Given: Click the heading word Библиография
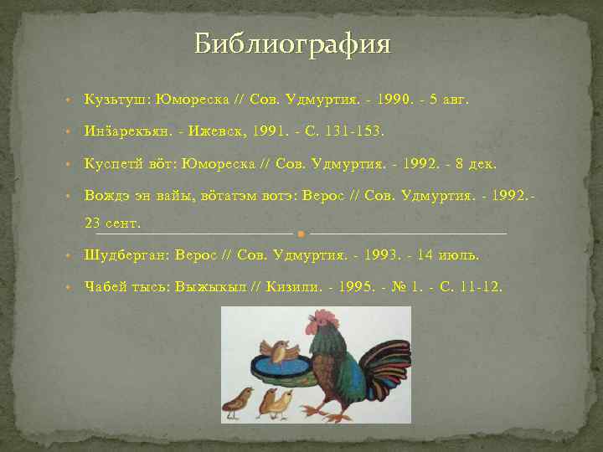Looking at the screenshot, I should pos(292,44).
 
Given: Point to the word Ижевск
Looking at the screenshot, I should pos(224,131).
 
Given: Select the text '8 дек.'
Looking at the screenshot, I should pos(458,163).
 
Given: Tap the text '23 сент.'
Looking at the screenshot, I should pos(113,223).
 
